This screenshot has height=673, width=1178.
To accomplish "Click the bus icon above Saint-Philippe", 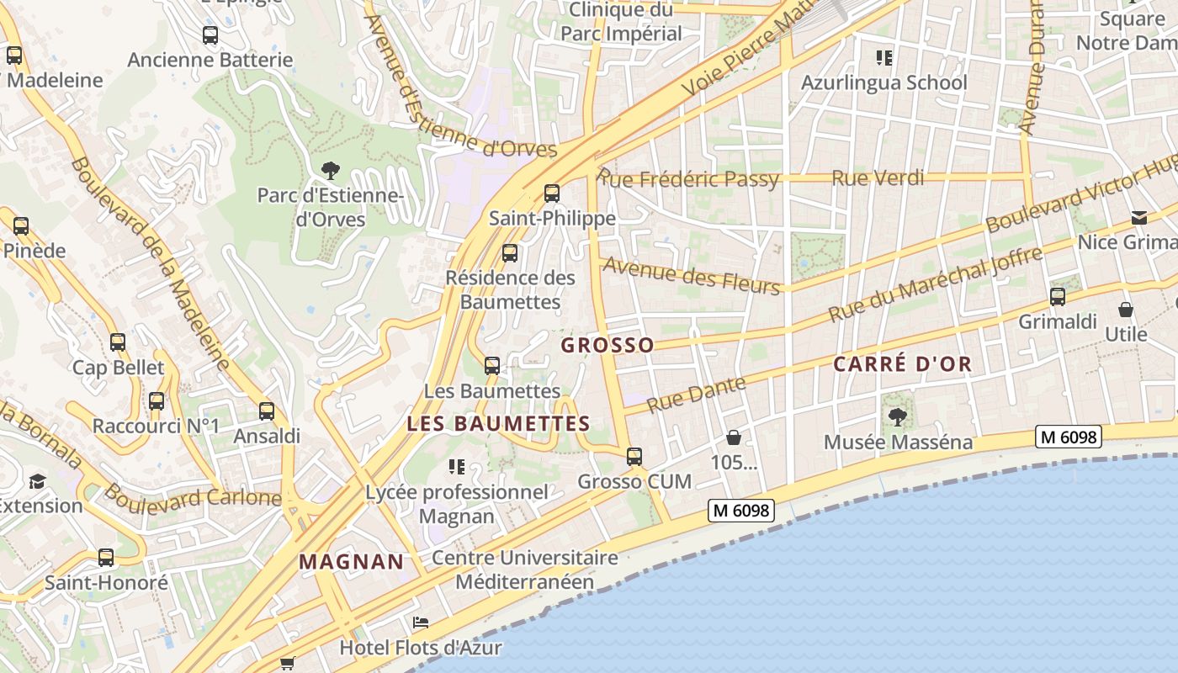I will point(552,193).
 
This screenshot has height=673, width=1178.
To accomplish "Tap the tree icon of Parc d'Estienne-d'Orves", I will point(331,171).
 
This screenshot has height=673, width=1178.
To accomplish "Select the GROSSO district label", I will point(608,345).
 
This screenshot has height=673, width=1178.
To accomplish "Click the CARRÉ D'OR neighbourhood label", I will point(902,364).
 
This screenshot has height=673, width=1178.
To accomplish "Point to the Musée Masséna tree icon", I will point(898,416).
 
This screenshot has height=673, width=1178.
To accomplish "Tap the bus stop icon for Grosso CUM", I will point(634,457).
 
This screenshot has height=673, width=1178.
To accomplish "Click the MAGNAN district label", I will point(352,562).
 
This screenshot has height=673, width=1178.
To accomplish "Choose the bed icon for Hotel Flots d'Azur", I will point(421,623).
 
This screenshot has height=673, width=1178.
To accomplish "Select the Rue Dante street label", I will point(697,395).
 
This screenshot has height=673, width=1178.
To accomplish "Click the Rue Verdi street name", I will point(878,178).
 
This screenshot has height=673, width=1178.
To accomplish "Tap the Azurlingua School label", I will point(883,82).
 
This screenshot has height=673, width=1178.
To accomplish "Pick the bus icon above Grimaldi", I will point(1058,297).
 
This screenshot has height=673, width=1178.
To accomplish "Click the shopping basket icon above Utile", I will point(1126,310).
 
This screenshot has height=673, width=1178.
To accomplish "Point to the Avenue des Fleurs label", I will point(692,275).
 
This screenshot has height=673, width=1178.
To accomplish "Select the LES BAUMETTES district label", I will point(498,423).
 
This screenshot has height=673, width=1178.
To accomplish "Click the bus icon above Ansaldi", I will point(267,411).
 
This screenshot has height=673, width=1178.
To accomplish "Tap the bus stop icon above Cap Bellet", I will point(118,342).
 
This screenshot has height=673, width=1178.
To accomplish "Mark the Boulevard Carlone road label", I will point(193,496).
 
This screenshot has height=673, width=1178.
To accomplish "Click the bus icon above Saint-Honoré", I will point(106,557).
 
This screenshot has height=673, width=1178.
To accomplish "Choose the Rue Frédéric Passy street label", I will point(688,178).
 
